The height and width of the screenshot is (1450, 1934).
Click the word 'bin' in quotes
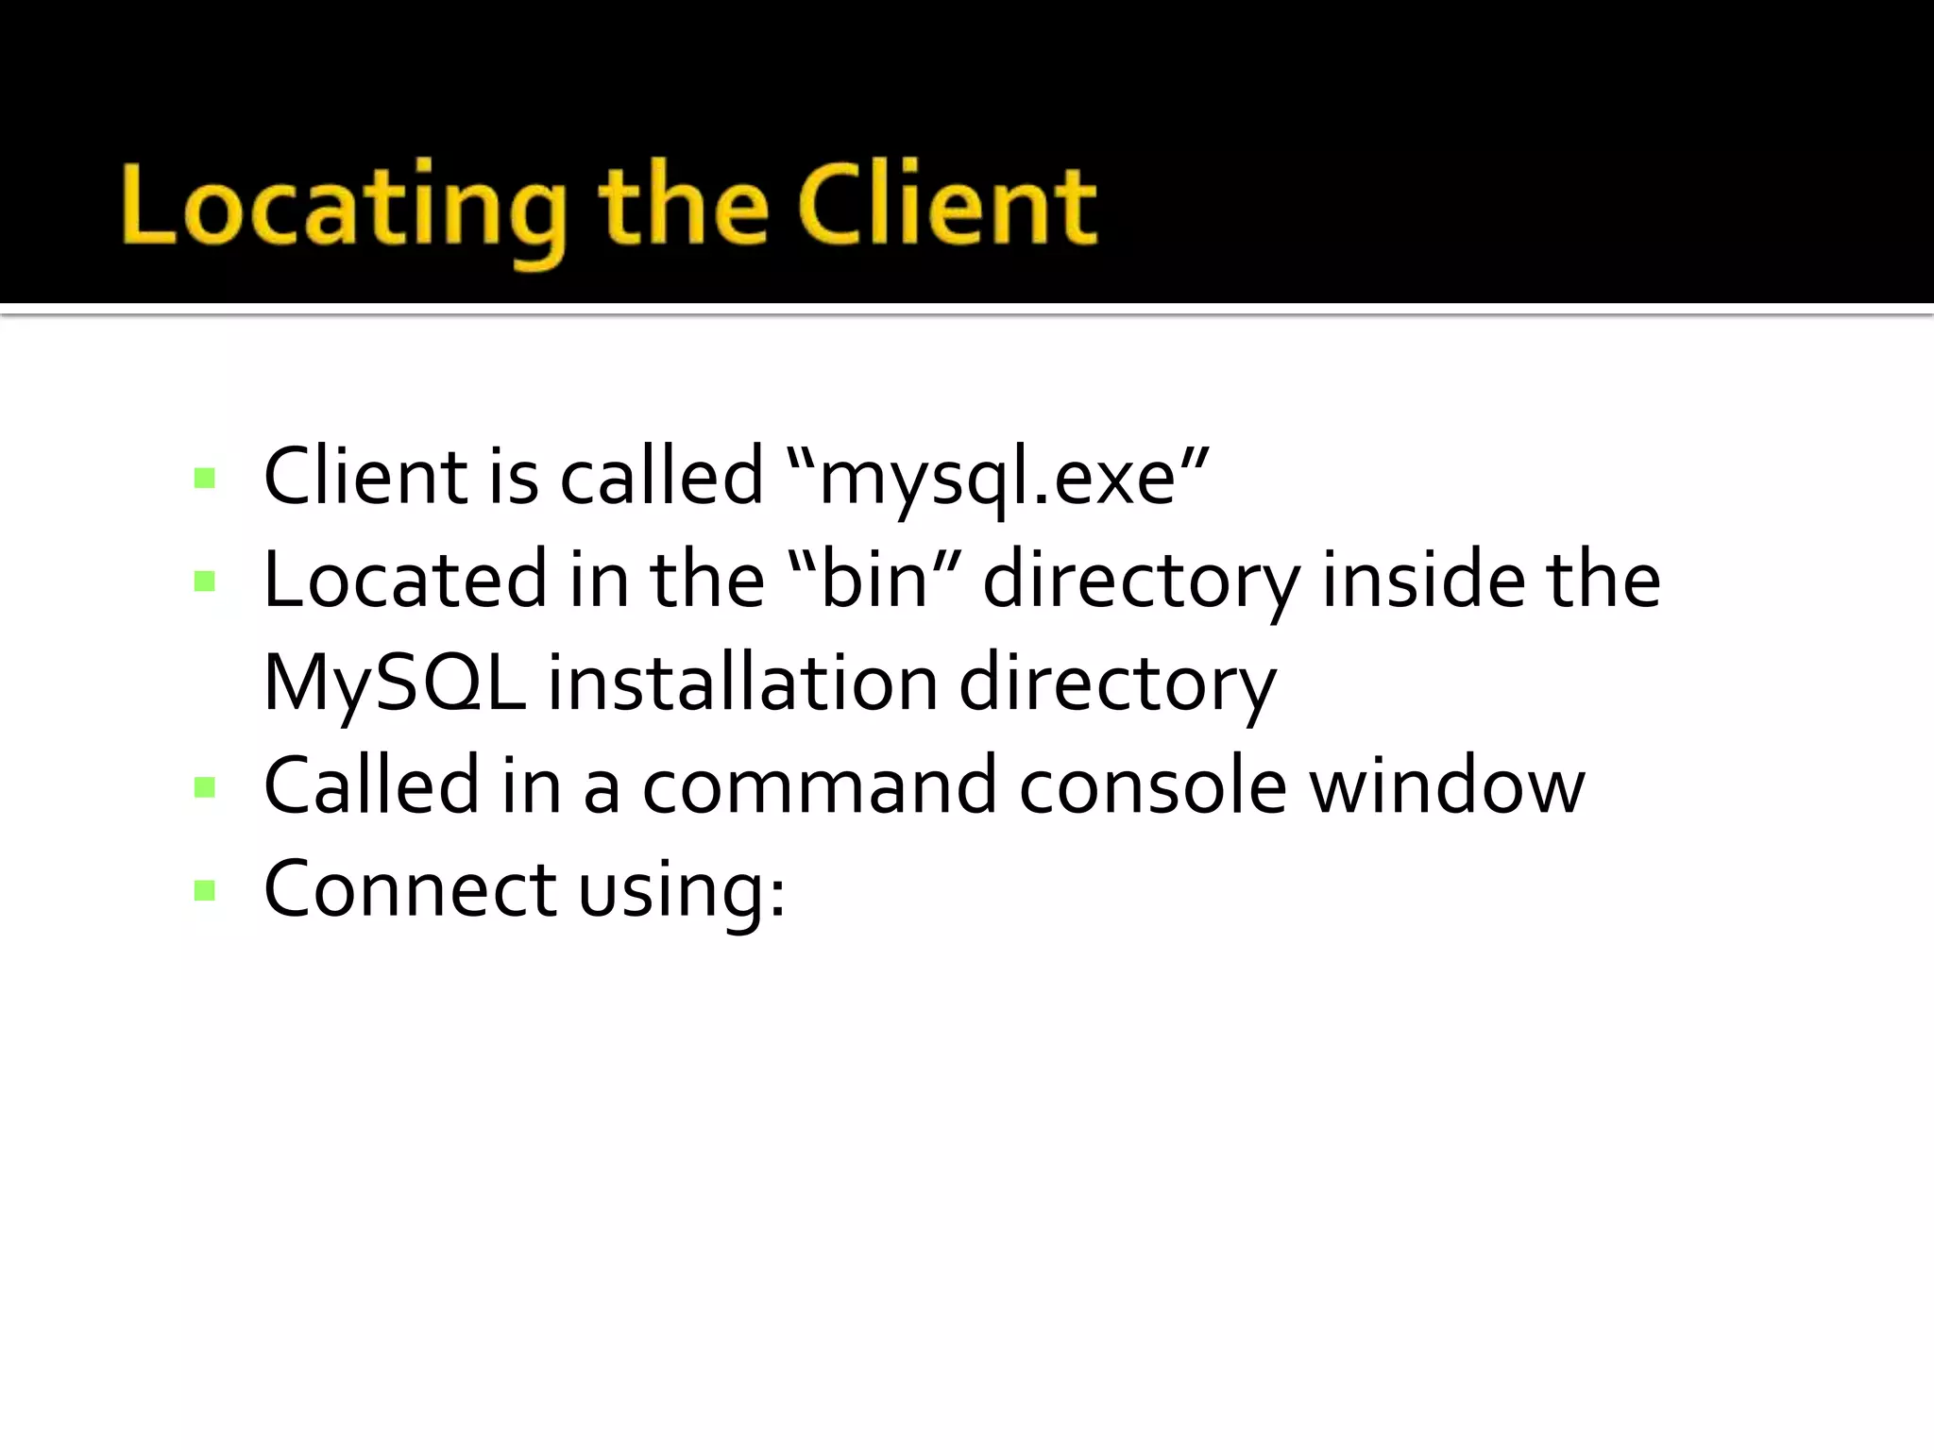point(874,580)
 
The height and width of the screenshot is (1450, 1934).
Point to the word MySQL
point(394,683)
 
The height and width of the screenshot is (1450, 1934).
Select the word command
point(819,785)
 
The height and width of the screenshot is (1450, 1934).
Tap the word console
point(1152,785)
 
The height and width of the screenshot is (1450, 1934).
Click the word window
point(1447,785)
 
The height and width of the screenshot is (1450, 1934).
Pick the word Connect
point(410,889)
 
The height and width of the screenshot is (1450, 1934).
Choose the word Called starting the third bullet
point(371,785)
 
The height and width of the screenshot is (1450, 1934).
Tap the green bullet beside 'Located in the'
point(204,581)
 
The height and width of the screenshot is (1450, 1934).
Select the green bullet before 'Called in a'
point(204,787)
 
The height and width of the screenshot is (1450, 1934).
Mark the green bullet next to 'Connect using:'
point(204,890)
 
